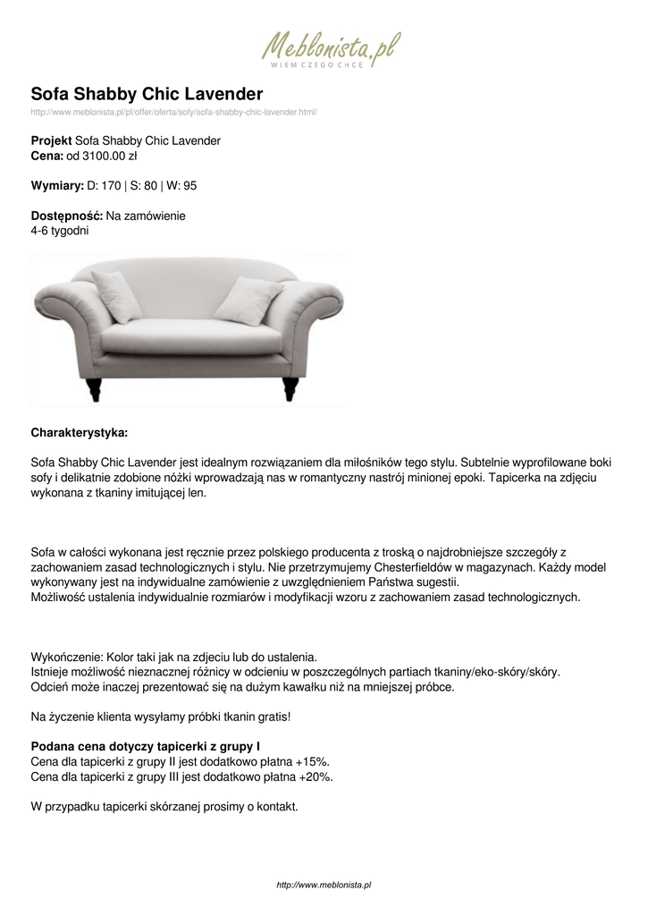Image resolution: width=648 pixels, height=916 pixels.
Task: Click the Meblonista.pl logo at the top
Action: point(331,50)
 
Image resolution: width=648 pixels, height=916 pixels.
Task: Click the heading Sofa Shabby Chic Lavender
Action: point(147,94)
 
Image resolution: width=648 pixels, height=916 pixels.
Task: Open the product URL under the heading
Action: point(174,112)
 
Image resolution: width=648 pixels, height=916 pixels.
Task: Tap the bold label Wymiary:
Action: point(57,186)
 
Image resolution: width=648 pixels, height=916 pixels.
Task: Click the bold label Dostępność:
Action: point(67,216)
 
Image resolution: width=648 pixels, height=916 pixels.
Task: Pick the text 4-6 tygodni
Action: point(60,231)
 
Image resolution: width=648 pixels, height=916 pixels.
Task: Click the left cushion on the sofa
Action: point(117,295)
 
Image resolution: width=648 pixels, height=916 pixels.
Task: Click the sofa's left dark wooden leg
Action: point(96,389)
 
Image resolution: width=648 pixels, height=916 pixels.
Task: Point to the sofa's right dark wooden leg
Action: point(290,388)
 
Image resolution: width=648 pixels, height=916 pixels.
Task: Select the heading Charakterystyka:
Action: point(80,433)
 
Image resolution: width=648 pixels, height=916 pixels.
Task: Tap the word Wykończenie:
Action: point(68,657)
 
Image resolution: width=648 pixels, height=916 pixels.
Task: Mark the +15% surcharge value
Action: point(313,761)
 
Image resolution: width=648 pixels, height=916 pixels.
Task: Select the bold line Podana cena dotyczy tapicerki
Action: point(146,746)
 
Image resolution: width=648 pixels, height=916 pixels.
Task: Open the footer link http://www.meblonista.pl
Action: point(324,885)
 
